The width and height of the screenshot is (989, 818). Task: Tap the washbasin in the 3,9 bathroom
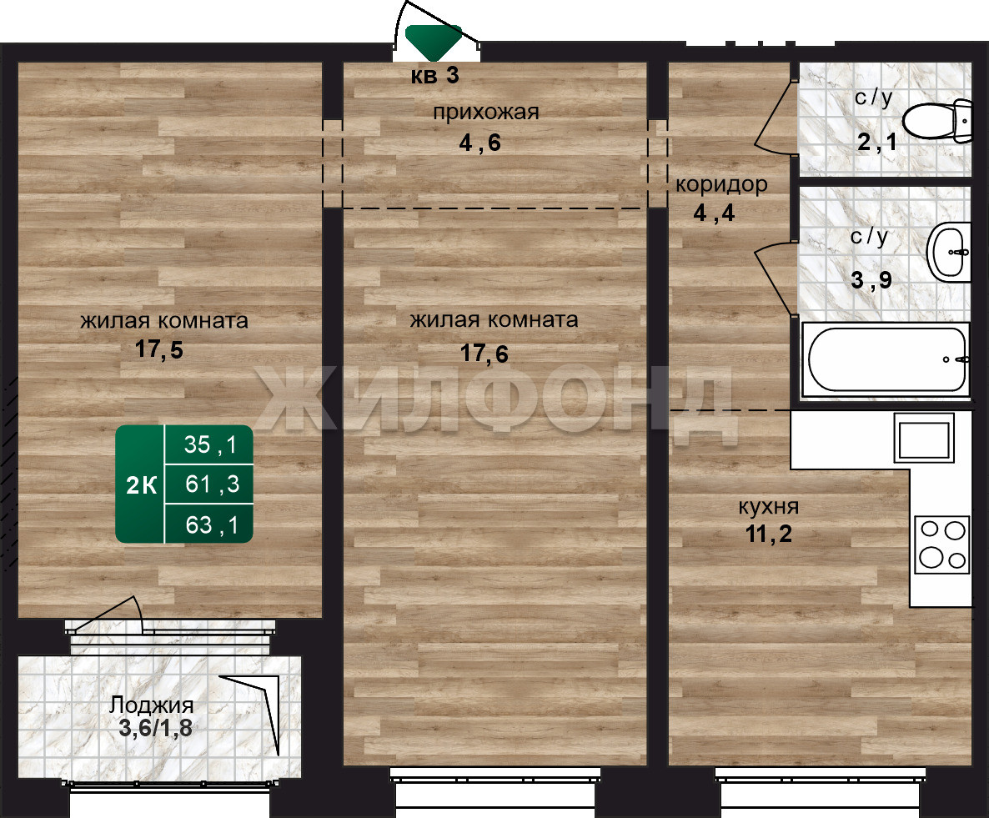click(949, 253)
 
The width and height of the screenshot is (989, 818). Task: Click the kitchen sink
click(924, 439)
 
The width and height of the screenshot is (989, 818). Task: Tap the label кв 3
click(435, 76)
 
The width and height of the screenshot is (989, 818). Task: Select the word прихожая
click(485, 113)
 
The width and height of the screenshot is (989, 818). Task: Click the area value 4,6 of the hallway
click(480, 143)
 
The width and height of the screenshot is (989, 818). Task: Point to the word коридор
click(721, 185)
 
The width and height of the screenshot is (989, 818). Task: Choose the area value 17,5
click(159, 349)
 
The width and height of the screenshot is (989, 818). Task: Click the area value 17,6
click(484, 354)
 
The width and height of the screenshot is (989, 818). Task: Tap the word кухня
click(768, 506)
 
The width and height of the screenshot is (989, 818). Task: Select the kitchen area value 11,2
click(768, 534)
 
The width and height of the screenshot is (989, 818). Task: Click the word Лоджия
click(152, 705)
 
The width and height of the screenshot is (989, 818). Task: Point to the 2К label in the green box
click(141, 485)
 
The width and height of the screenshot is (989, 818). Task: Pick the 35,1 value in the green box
click(210, 445)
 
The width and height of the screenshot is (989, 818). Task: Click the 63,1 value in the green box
click(212, 525)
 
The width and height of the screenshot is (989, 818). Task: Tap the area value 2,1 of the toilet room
click(876, 142)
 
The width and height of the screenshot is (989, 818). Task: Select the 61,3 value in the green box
click(213, 484)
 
